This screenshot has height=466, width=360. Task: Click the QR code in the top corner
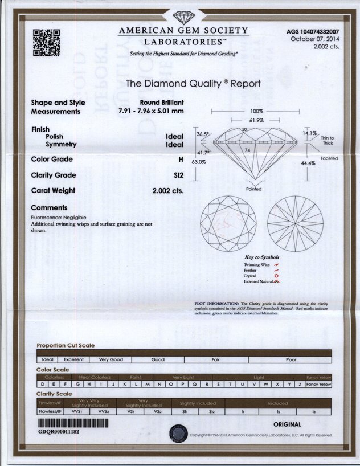point(46,42)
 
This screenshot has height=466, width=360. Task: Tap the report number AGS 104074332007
point(315,32)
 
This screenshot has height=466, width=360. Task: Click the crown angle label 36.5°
point(203,134)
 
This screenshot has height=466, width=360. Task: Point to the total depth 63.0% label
point(198,162)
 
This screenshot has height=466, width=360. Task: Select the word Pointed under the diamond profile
point(254,189)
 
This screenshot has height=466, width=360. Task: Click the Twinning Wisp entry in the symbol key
point(257,264)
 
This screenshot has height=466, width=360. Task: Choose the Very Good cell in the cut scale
point(111,359)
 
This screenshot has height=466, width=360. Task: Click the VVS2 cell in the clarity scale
point(103,410)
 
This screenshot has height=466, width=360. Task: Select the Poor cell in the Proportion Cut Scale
point(292,359)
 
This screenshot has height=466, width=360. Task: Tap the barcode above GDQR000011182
point(73,424)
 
